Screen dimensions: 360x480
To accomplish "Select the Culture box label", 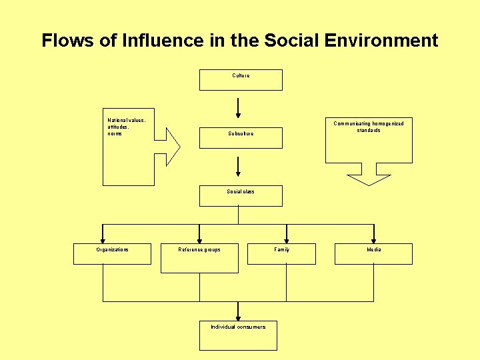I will tap(241, 76).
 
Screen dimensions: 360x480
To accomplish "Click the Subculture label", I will tap(240, 134).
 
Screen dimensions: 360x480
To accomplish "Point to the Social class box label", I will tap(240, 192).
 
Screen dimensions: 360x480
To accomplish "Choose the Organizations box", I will tap(112, 254).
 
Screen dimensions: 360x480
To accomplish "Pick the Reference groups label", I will tap(199, 250).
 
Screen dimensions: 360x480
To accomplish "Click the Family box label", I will tap(282, 250).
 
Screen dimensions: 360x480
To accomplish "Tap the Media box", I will tap(374, 254).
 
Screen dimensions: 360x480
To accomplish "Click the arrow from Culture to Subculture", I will tap(238, 108).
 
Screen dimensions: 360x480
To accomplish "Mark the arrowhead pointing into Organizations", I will tap(102, 238).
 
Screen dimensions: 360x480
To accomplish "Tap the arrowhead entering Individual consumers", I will tap(238, 315).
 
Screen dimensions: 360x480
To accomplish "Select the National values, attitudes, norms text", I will tap(125, 127).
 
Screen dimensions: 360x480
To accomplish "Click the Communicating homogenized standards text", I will tap(368, 127).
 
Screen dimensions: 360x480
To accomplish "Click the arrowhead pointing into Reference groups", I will tap(199, 238).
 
